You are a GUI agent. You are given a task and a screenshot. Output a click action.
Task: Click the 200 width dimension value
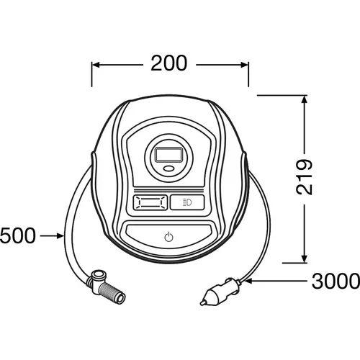[x=168, y=63]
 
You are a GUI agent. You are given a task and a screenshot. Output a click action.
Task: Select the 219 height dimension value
[x=304, y=176]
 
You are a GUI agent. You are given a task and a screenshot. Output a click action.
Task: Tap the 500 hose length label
[x=17, y=236]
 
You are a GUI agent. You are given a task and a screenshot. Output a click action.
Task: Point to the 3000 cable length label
[x=336, y=281]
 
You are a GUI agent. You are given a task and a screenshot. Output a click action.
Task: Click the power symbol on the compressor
[x=168, y=237]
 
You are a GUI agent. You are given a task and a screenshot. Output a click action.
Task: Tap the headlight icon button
[x=187, y=202]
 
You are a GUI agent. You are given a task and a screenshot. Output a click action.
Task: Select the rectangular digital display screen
[x=168, y=155]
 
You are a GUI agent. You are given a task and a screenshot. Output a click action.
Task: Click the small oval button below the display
[x=169, y=168]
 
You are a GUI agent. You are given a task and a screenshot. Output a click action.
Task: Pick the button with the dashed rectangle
[x=150, y=203]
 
